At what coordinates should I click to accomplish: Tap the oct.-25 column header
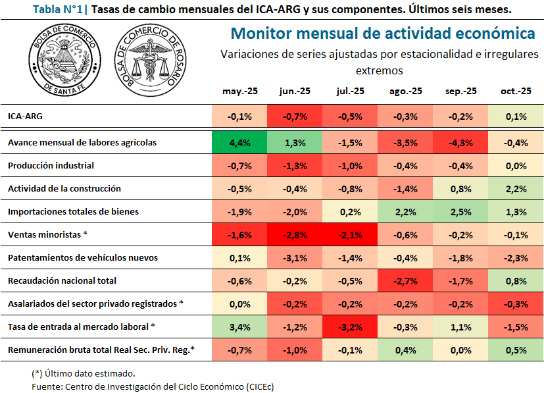click(x=516, y=92)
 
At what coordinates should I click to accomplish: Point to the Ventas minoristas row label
click(x=47, y=234)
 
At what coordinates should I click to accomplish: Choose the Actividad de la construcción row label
click(x=64, y=188)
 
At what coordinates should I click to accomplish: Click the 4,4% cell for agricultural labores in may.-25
click(x=239, y=142)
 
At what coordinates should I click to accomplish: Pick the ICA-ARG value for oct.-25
click(x=516, y=117)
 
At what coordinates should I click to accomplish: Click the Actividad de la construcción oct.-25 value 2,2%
click(x=516, y=189)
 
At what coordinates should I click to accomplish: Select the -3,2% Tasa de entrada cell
click(x=351, y=327)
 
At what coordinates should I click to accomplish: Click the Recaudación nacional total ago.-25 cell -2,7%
click(x=406, y=281)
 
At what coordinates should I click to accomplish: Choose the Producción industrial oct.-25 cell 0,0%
click(x=516, y=166)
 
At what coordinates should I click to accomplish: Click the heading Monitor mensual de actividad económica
click(x=383, y=33)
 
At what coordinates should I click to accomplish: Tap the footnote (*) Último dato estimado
click(x=84, y=373)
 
